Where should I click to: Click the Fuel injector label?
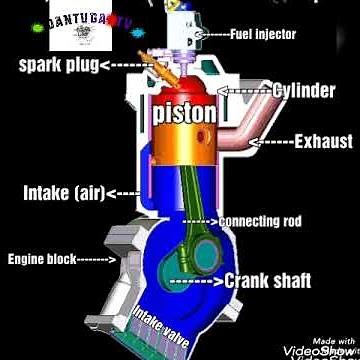263,34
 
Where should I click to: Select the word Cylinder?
304,90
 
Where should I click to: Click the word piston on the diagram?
184,113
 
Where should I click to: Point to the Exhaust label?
319,142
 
